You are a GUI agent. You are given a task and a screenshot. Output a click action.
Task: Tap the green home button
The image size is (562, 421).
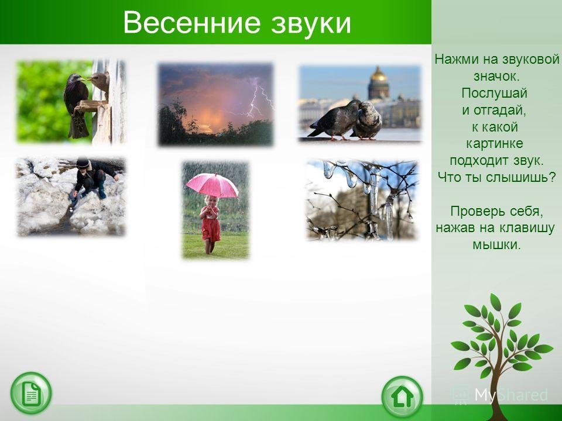(402, 397)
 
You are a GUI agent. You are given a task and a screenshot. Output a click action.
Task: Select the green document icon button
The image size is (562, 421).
(31, 394)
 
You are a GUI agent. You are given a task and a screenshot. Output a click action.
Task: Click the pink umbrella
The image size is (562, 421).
(212, 185)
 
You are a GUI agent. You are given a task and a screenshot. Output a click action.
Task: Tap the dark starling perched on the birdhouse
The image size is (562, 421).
(76, 105)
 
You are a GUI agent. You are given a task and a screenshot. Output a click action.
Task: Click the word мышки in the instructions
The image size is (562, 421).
(496, 245)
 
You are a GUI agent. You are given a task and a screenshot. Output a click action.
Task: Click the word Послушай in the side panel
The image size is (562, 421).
(494, 93)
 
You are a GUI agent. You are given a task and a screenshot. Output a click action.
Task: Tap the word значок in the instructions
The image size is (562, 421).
(496, 76)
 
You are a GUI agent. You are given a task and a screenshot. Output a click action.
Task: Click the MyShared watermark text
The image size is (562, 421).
(512, 395)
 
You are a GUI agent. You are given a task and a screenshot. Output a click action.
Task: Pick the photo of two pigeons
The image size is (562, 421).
(360, 104)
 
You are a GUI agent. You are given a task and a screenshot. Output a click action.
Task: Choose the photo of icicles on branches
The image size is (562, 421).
(362, 200)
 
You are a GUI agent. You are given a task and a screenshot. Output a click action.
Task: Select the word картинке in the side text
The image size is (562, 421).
(494, 144)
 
